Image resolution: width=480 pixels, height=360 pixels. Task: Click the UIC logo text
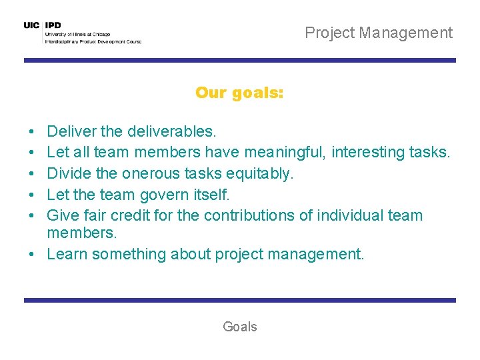[x=31, y=25]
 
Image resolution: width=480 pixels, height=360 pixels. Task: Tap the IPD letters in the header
[x=53, y=25]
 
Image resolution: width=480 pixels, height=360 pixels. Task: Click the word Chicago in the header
[x=101, y=34]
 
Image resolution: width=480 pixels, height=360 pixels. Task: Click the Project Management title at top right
[x=379, y=33]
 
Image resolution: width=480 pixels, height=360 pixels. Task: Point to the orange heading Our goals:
[x=239, y=93]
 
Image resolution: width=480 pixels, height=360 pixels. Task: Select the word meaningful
[x=290, y=153]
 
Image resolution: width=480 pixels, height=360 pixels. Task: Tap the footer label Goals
[x=239, y=327]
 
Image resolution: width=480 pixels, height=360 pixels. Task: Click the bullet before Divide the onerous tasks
[x=32, y=174]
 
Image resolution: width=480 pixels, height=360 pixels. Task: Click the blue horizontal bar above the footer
[x=239, y=301]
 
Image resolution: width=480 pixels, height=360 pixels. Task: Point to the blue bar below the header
[x=239, y=61]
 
